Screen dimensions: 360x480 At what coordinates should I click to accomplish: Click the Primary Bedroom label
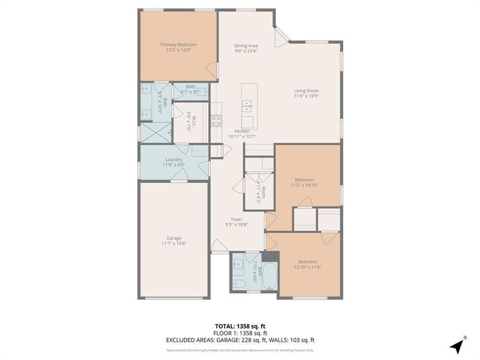pyautogui.click(x=178, y=44)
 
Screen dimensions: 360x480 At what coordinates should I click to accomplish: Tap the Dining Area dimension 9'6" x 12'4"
pyautogui.click(x=246, y=51)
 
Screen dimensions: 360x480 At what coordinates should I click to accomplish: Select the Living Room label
pyautogui.click(x=306, y=91)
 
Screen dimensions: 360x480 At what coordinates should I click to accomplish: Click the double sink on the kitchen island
pyautogui.click(x=247, y=106)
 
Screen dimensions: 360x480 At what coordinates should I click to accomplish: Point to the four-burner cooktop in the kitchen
pyautogui.click(x=216, y=121)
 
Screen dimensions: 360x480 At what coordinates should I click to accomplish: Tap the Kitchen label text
pyautogui.click(x=242, y=131)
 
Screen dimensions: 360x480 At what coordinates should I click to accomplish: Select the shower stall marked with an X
pyautogui.click(x=155, y=131)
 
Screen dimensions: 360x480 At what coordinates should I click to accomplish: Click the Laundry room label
pyautogui.click(x=173, y=159)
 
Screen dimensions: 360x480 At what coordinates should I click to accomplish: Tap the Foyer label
pyautogui.click(x=236, y=220)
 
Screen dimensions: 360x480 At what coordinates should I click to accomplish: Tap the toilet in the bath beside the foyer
pyautogui.click(x=238, y=283)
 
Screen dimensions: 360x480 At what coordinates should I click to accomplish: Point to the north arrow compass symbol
pyautogui.click(x=458, y=346)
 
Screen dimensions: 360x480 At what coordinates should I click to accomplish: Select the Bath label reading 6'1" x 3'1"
pyautogui.click(x=190, y=87)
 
